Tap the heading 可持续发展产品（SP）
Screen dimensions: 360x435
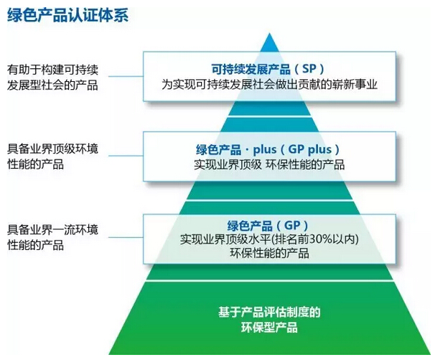(x=268, y=69)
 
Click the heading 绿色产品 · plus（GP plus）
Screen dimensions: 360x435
(x=268, y=149)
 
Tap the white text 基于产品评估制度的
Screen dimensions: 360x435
(x=268, y=312)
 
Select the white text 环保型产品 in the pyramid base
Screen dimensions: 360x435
(x=268, y=328)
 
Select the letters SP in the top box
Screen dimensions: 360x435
(x=308, y=69)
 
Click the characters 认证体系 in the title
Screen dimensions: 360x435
(x=98, y=14)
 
